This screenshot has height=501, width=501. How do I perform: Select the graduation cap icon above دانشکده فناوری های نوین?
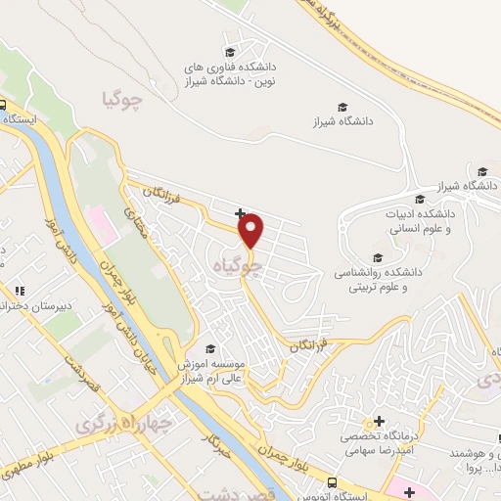pos(230,52)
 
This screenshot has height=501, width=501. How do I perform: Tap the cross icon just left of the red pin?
pos(240,213)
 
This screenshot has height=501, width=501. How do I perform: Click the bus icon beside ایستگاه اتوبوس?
pos(333,483)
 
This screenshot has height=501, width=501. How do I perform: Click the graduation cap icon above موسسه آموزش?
pos(208,349)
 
